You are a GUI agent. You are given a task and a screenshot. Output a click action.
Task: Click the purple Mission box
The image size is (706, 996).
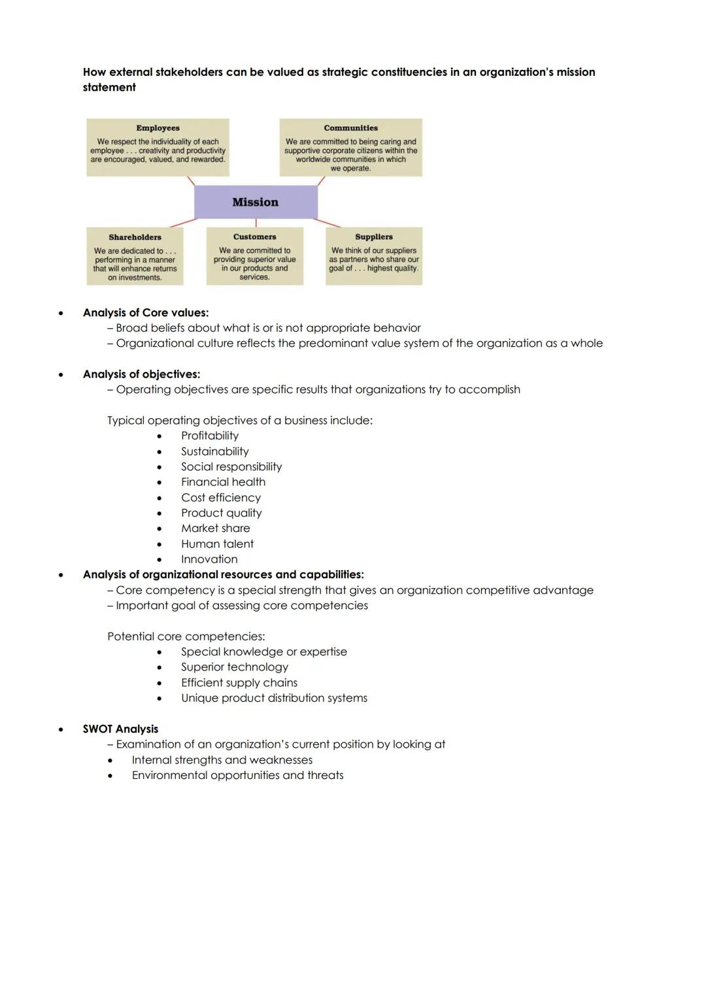pyautogui.click(x=256, y=202)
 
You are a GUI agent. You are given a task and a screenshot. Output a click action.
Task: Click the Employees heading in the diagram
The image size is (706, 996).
pyautogui.click(x=158, y=128)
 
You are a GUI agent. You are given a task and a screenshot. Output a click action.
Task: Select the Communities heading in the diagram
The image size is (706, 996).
pyautogui.click(x=350, y=128)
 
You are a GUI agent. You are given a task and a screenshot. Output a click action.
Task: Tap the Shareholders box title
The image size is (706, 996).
pyautogui.click(x=135, y=237)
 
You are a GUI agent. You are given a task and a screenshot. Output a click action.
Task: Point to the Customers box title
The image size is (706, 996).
pyautogui.click(x=254, y=237)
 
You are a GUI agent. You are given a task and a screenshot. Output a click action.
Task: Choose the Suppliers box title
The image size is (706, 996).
pyautogui.click(x=374, y=237)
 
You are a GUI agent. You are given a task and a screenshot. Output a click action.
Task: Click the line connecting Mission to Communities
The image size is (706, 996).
pyautogui.click(x=321, y=180)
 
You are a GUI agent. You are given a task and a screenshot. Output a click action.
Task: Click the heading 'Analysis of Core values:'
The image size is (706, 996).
pyautogui.click(x=145, y=312)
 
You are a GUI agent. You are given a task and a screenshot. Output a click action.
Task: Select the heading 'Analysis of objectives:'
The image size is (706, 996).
pyautogui.click(x=141, y=374)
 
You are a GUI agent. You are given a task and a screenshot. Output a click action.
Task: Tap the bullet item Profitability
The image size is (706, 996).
pyautogui.click(x=209, y=435)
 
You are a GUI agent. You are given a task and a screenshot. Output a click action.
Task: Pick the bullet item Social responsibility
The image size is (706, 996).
pyautogui.click(x=231, y=467)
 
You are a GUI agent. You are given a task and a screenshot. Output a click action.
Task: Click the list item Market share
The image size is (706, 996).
pyautogui.click(x=215, y=528)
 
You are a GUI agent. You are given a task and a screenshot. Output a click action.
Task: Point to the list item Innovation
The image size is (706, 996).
pyautogui.click(x=209, y=559)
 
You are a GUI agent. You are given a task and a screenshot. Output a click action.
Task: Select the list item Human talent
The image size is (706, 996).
pyautogui.click(x=217, y=544)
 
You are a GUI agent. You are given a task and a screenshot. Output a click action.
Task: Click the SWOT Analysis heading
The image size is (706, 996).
pyautogui.click(x=120, y=729)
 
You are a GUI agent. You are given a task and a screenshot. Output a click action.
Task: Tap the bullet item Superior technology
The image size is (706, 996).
pyautogui.click(x=234, y=667)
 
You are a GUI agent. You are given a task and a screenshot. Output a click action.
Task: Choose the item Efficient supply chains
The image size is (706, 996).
pyautogui.click(x=239, y=682)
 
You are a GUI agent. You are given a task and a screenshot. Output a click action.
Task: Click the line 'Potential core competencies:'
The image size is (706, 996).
pyautogui.click(x=186, y=636)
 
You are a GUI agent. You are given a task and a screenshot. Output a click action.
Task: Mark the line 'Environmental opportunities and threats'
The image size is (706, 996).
pyautogui.click(x=237, y=775)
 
